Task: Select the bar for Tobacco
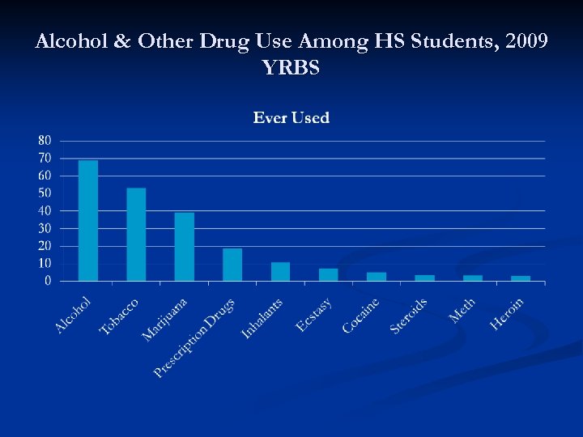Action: point(136,235)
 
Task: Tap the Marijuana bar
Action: point(185,247)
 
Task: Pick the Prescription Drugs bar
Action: point(232,265)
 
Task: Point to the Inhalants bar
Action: point(280,272)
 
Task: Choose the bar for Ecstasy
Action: point(328,275)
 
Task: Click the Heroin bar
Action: point(521,278)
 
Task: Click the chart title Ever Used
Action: point(291,118)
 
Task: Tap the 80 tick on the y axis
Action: point(44,140)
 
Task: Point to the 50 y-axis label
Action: point(44,193)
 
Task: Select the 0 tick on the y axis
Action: point(48,281)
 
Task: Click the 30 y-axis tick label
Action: point(44,228)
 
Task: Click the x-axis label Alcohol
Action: point(73,315)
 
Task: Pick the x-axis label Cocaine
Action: point(360,316)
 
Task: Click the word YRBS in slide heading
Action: point(291,68)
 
